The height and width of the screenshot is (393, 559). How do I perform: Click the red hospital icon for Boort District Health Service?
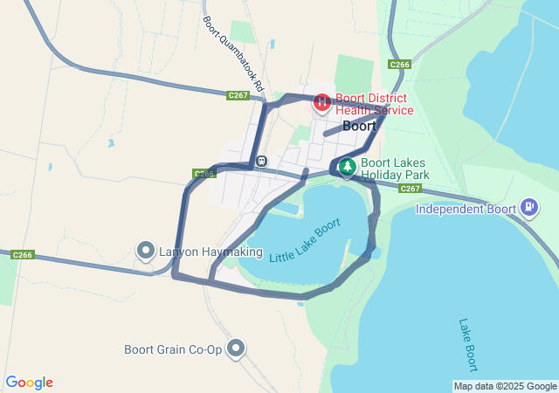tap(321, 103)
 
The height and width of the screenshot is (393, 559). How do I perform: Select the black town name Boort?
tap(359, 126)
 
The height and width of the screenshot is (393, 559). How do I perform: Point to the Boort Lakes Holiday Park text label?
tap(395, 168)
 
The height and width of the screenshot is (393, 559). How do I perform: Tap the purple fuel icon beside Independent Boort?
tap(528, 208)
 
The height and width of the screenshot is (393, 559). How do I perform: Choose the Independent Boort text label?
tap(466, 209)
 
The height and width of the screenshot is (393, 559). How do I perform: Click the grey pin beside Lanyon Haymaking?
tap(146, 252)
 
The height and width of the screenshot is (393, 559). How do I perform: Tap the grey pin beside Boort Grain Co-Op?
tap(235, 349)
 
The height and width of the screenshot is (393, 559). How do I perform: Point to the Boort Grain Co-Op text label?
tap(173, 350)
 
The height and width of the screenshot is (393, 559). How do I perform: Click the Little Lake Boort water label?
tap(305, 242)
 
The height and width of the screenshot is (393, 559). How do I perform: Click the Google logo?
tap(29, 383)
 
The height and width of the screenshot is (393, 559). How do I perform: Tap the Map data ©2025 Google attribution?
tap(505, 386)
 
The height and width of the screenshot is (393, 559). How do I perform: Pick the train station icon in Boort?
tap(261, 162)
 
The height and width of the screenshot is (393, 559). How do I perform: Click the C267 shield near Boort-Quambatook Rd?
tap(238, 95)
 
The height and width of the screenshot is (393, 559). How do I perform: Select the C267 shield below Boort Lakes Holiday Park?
tap(411, 188)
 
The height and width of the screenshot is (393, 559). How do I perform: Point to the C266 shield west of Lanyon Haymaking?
tap(23, 255)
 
